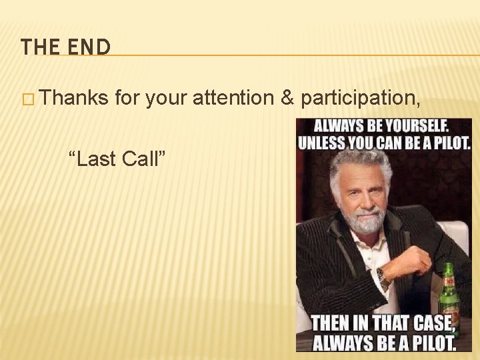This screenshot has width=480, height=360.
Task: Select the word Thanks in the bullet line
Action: pyautogui.click(x=75, y=99)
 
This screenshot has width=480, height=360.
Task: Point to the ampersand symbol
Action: pyautogui.click(x=287, y=99)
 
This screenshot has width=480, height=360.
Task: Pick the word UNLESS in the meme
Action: pyautogui.click(x=322, y=142)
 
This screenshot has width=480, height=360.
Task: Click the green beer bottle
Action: pyautogui.click(x=448, y=293)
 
